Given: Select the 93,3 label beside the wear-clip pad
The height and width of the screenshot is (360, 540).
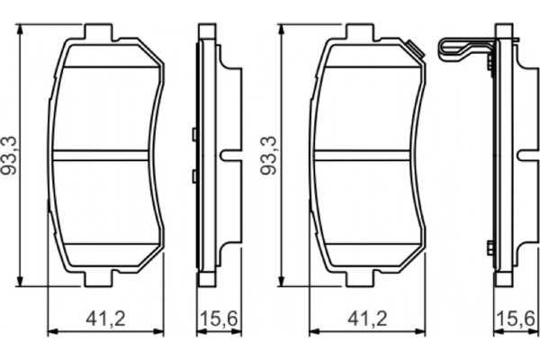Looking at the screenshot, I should click(x=267, y=155).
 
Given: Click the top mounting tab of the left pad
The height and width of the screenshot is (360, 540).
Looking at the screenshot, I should click(x=98, y=32).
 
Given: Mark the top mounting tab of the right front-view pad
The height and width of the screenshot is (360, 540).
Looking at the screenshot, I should click(x=361, y=32).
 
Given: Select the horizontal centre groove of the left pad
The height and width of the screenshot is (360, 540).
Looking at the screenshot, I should click(x=104, y=156).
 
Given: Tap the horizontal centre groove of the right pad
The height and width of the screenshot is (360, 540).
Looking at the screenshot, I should click(x=367, y=156).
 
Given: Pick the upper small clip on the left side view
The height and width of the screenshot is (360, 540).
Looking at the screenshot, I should click(x=194, y=136).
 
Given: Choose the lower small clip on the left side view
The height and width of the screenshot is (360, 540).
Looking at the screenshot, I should click(x=194, y=175).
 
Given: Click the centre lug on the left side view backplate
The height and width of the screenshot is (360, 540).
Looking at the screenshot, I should click(x=233, y=155).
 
